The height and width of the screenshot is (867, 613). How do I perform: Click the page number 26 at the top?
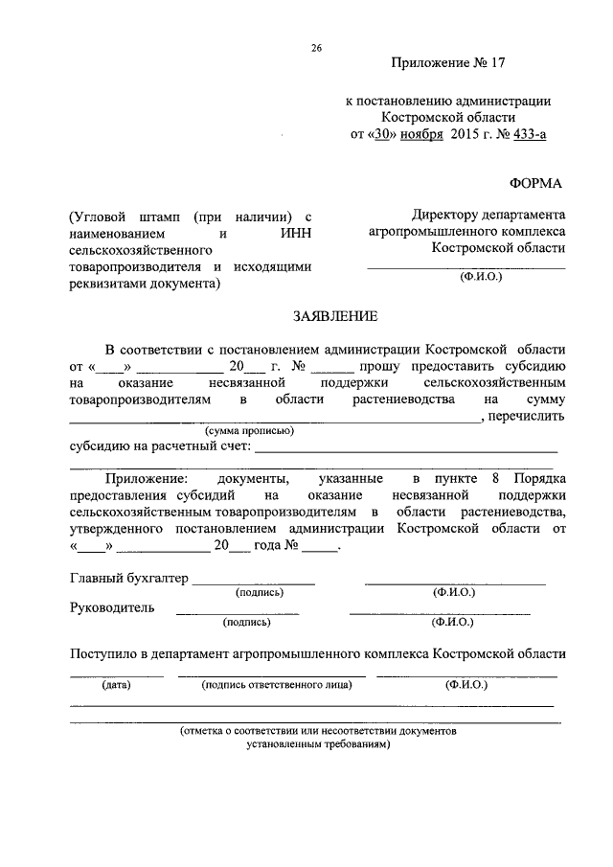pos(315,49)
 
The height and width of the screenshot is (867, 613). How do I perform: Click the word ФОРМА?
pos(538,182)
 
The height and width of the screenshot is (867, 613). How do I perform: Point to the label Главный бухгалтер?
pos(129,578)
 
